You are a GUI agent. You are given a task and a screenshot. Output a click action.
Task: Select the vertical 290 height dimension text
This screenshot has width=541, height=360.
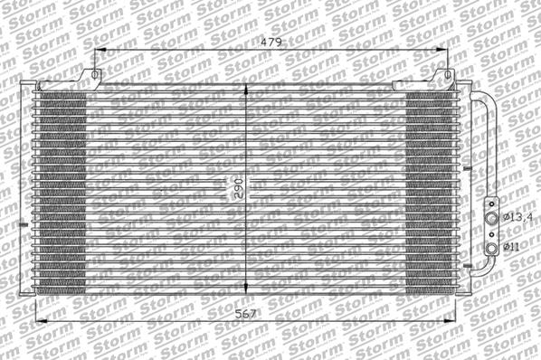[238, 188]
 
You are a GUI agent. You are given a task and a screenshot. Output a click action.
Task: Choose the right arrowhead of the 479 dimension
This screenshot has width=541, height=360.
[447, 51]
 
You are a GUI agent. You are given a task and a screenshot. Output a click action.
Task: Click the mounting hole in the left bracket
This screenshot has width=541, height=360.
[92, 74]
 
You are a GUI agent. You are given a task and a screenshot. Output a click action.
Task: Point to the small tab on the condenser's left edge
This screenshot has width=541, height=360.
[22, 224]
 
